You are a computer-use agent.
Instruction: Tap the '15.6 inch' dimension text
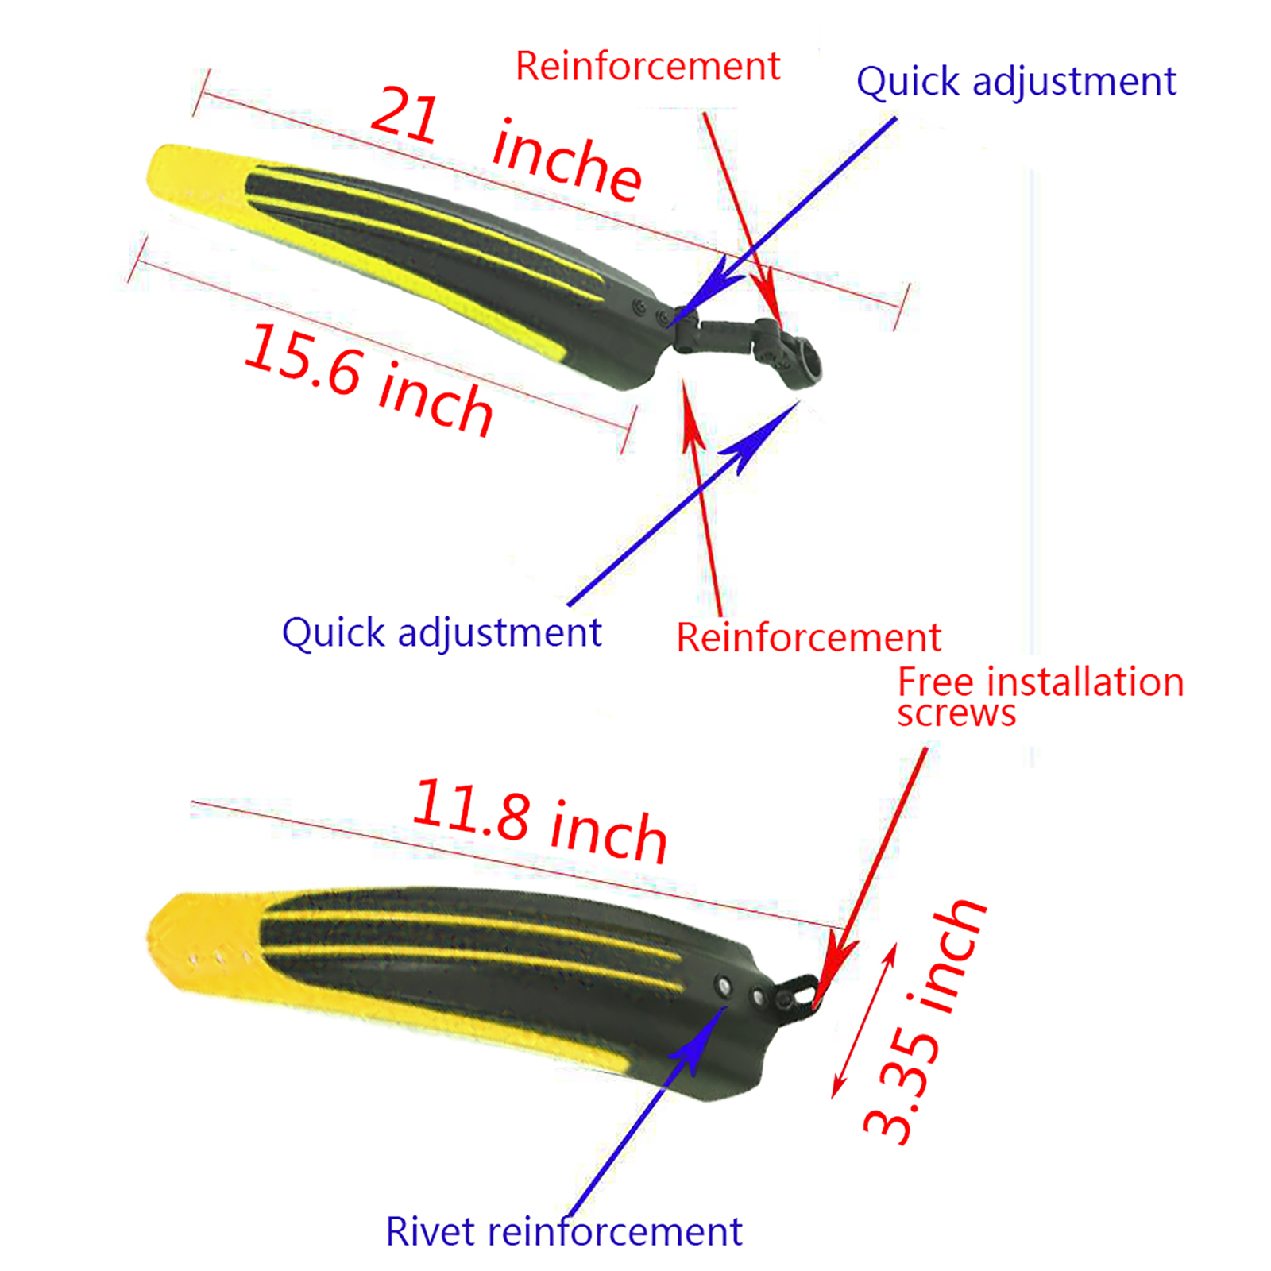tap(369, 380)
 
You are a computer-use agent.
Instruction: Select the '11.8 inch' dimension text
tap(540, 821)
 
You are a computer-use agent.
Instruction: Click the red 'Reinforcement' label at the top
tap(647, 66)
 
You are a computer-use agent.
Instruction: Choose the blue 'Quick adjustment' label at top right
tap(1016, 82)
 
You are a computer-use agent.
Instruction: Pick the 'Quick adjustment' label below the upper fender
tap(442, 633)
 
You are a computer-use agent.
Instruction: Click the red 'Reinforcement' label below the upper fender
tap(808, 637)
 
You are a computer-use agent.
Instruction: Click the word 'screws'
tap(956, 713)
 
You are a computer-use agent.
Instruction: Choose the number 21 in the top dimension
tap(404, 116)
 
